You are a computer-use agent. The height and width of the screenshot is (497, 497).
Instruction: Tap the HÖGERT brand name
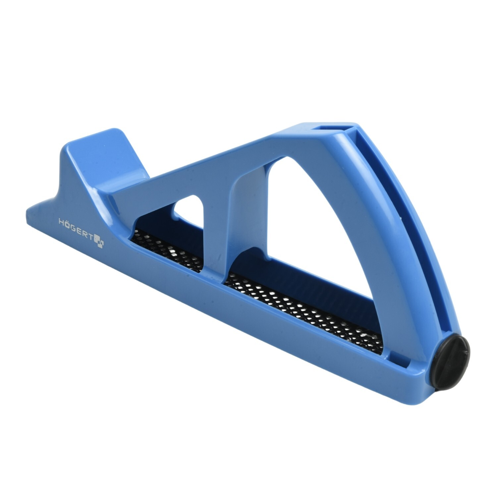pos(76,228)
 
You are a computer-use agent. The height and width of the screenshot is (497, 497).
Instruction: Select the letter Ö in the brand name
pos(67,224)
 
